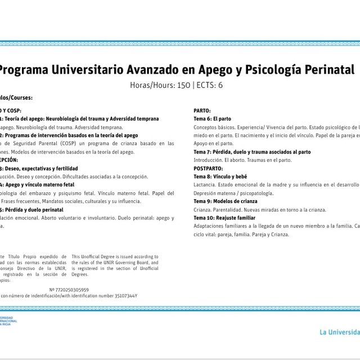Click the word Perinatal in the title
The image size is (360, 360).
tap(326, 70)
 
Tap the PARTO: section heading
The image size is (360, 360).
tap(202, 111)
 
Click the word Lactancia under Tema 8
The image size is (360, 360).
tap(205, 185)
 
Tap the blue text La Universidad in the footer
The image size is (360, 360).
tap(339, 331)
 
